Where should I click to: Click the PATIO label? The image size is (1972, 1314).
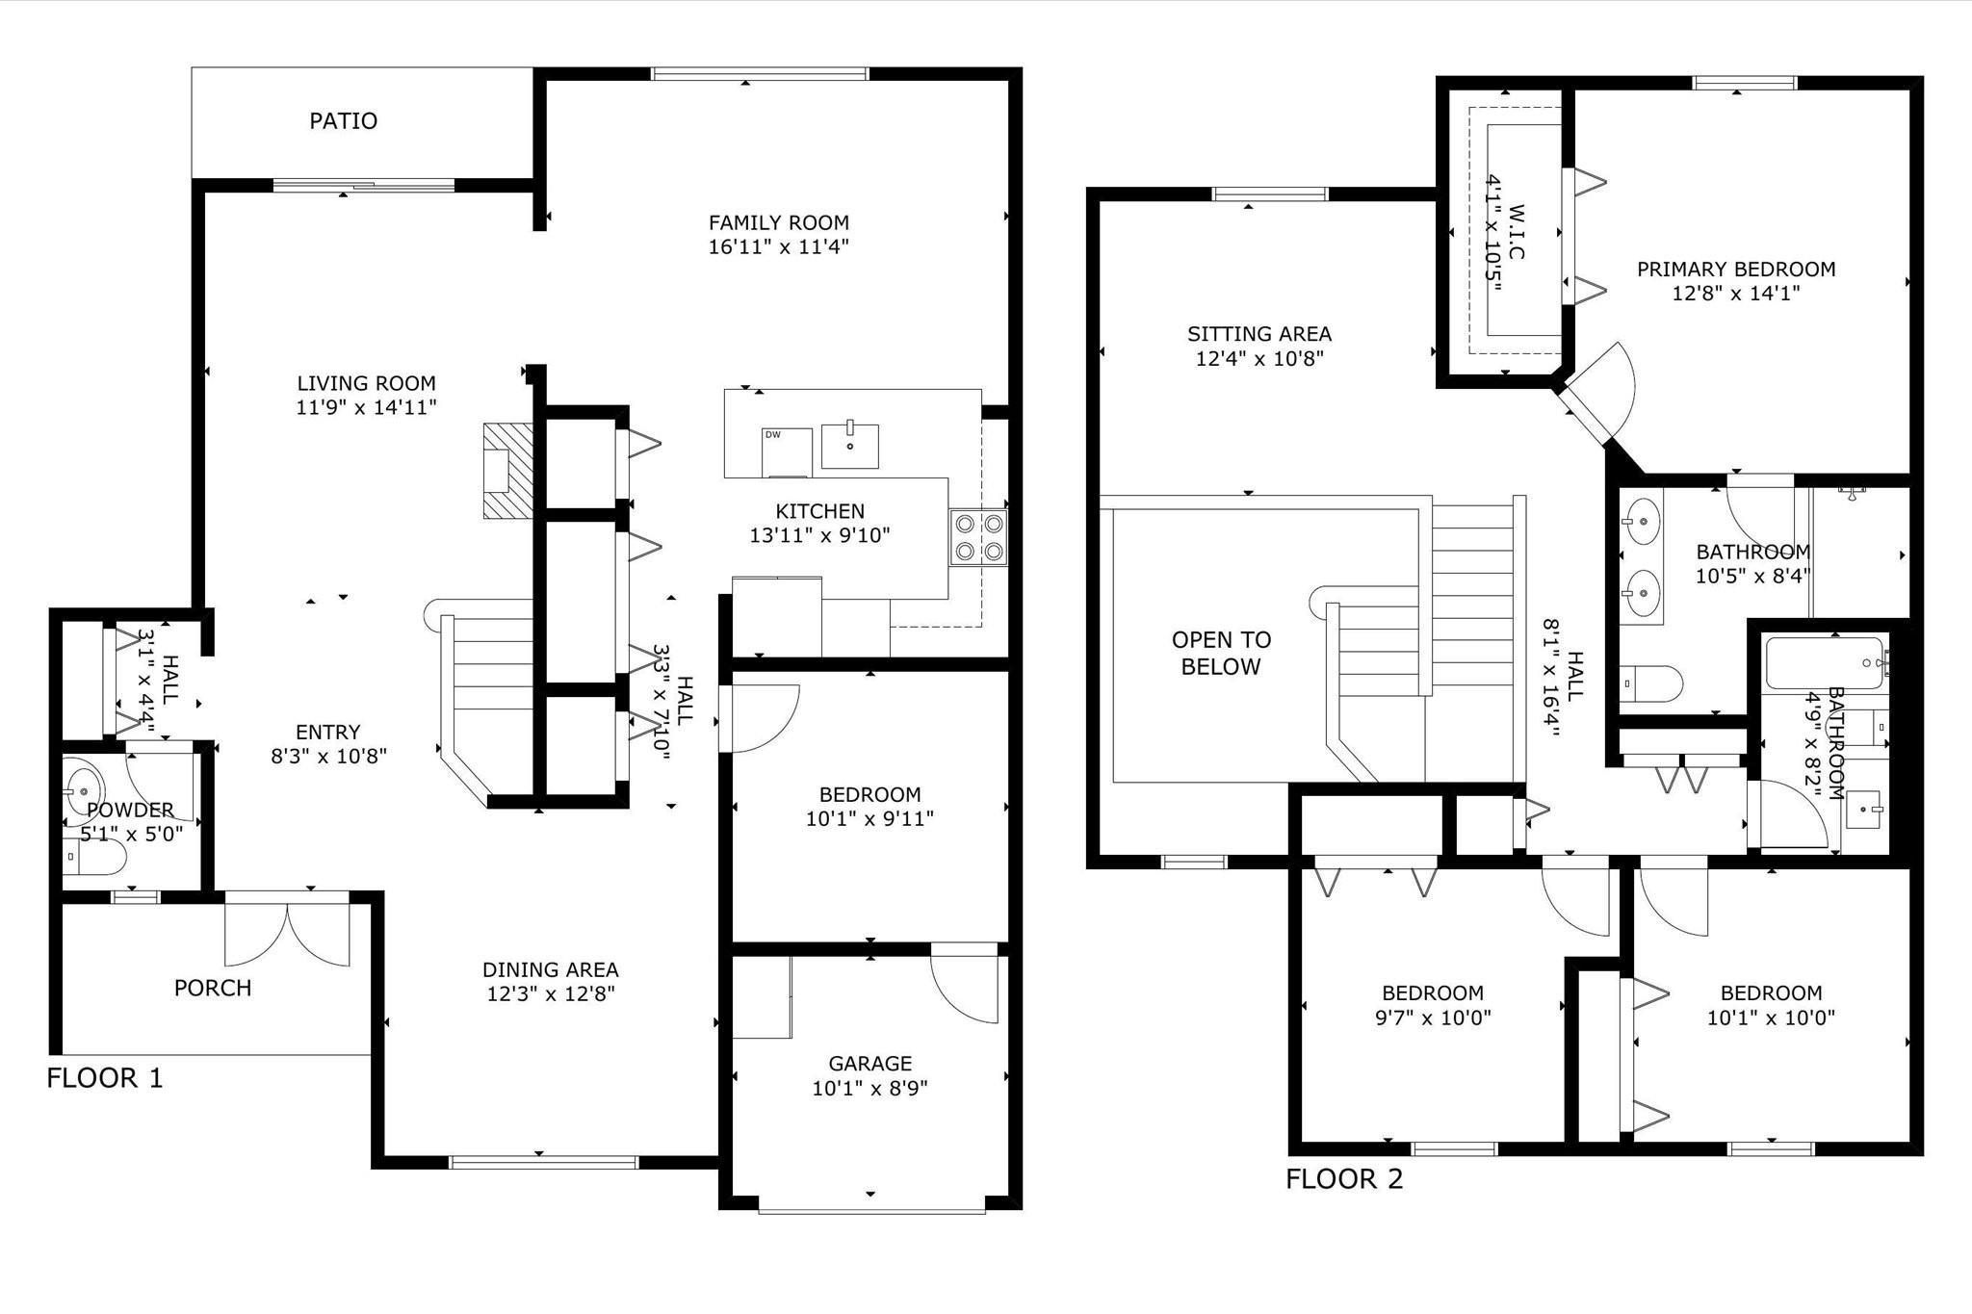[343, 121]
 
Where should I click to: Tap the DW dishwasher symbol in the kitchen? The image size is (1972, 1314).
[786, 451]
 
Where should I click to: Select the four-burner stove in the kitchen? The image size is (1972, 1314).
[978, 537]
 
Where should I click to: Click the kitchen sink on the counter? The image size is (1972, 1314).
[850, 446]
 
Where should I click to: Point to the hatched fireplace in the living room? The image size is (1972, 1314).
[507, 471]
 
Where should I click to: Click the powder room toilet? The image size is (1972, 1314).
[95, 856]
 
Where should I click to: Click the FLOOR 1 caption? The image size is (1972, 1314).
[105, 1078]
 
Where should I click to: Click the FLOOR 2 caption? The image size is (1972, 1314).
[1344, 1178]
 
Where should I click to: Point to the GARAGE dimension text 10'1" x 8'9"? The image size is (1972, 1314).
[869, 1088]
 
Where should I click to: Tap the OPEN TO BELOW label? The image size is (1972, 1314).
[1221, 653]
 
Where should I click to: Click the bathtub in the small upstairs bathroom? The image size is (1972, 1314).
[1823, 662]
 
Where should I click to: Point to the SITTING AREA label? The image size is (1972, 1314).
[1259, 334]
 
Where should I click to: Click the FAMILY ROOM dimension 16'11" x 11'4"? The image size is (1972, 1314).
[778, 247]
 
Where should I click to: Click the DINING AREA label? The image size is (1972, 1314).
[550, 969]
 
